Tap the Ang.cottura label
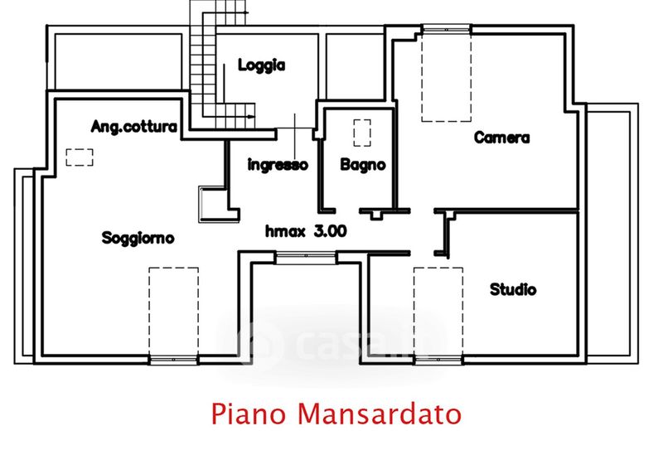133,127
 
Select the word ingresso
278,165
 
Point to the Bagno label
363,165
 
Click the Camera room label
501,138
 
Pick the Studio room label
513,289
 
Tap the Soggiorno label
138,239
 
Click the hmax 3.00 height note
306,232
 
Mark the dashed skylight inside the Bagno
362,133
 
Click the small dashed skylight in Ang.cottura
80,157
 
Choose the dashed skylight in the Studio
438,311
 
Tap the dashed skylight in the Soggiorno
173,311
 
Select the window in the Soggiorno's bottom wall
173,359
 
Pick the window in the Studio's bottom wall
438,359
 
